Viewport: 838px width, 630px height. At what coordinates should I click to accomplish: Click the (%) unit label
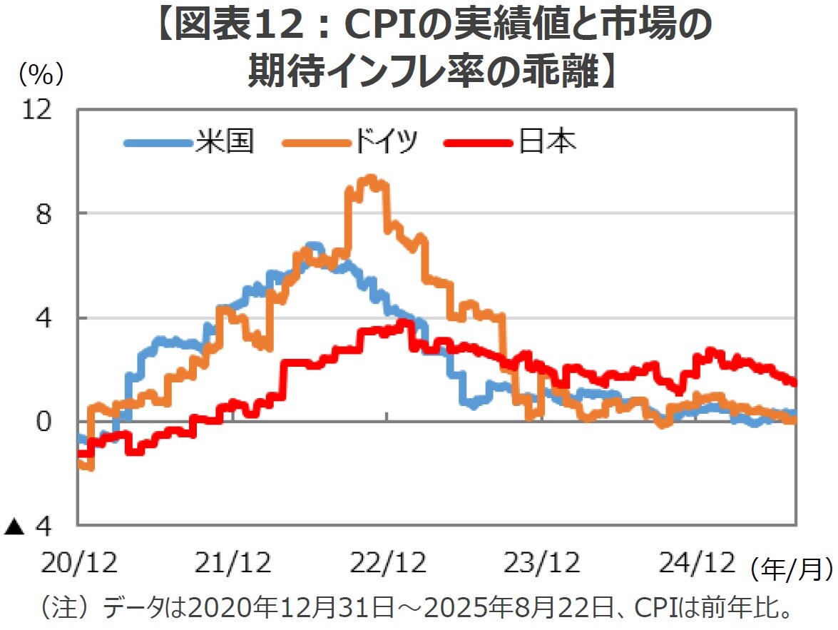(x=43, y=71)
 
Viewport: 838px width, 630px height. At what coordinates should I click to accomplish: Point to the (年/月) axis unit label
(x=791, y=568)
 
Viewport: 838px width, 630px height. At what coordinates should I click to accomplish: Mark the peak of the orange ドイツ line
(x=369, y=178)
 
